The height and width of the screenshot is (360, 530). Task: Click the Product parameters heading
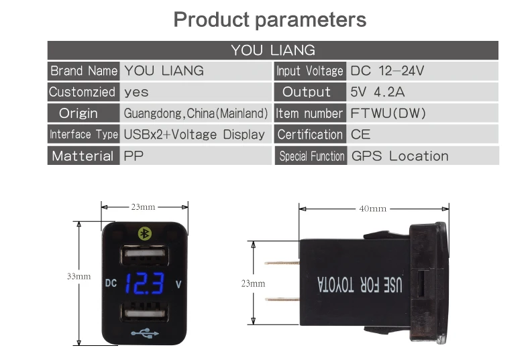(270, 19)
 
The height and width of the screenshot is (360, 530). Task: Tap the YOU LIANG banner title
(272, 50)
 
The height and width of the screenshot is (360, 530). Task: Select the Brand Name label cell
(83, 70)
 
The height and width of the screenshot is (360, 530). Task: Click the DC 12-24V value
(388, 70)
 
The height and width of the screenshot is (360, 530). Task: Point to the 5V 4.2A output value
(377, 92)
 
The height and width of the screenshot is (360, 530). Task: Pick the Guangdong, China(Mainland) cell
(196, 113)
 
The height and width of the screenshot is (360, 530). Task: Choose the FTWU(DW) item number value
(388, 113)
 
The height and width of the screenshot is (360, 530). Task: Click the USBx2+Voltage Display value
(195, 135)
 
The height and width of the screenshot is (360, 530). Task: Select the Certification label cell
(310, 135)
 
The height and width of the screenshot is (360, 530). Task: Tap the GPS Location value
(400, 156)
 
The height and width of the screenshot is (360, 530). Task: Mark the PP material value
(134, 156)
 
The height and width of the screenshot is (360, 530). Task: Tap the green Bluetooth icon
(144, 233)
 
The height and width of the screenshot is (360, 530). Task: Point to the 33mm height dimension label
(78, 276)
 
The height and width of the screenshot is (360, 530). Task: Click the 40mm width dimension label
(372, 208)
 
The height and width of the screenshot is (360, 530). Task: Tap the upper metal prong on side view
(282, 263)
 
